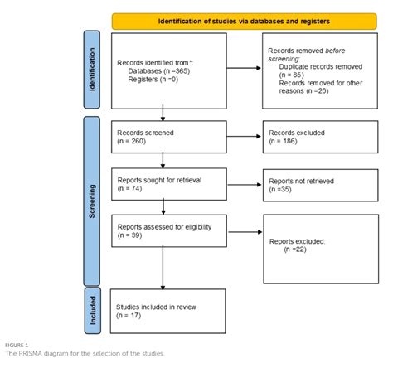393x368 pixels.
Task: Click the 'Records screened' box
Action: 169,135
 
